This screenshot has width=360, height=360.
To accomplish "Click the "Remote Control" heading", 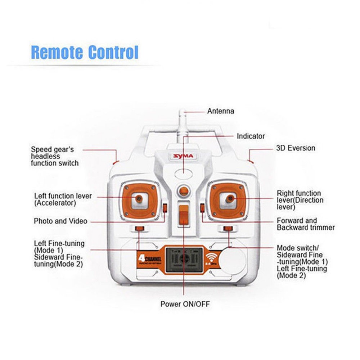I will [85, 52].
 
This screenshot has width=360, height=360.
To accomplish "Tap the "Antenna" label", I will [220, 111].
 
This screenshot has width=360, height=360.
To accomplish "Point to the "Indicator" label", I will [251, 136].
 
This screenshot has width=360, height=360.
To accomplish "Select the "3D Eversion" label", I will [295, 148].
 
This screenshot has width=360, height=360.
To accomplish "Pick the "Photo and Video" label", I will [60, 221].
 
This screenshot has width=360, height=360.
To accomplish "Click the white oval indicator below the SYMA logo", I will [184, 174].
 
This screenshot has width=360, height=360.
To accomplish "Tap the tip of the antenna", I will [183, 111].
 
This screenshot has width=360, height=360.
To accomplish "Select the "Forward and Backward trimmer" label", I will [306, 224].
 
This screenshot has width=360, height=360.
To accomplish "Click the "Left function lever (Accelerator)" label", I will [63, 200].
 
